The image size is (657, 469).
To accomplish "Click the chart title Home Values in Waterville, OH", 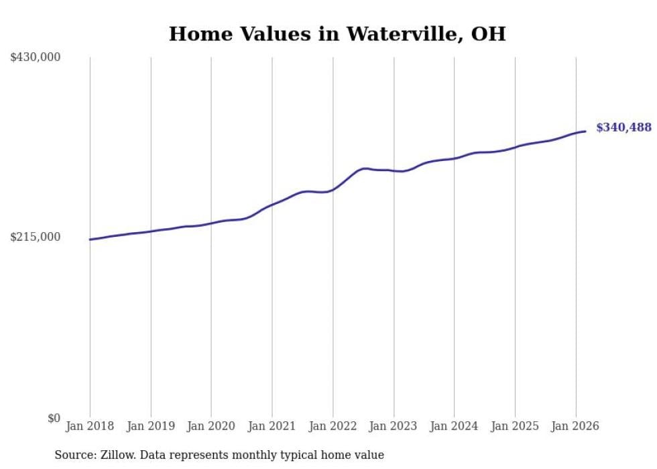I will coord(337,34).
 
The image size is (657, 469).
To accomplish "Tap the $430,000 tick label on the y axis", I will coord(36,58).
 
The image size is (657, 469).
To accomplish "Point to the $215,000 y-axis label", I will coord(36,238).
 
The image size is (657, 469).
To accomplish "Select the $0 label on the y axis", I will coord(54,418).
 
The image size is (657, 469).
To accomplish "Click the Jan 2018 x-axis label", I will coord(90,426).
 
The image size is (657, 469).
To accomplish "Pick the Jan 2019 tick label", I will coord(151,426).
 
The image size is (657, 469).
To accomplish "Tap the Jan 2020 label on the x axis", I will coord(211,426).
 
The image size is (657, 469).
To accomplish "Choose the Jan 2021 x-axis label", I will coord(272,426).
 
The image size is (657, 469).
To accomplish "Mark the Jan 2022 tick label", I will coord(333,426).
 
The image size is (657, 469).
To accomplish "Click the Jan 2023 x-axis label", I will coord(394,426).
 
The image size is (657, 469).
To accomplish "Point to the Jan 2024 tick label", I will coord(454,426).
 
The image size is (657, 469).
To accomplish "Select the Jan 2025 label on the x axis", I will coord(515,426).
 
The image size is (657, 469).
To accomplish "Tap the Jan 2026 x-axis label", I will coord(575,426).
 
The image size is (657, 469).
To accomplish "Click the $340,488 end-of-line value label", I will coord(623,127).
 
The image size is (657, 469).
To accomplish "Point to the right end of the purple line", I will coord(585,131).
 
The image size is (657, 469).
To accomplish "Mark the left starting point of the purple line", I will coord(90,239).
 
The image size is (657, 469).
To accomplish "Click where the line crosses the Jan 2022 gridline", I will coord(333,190).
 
